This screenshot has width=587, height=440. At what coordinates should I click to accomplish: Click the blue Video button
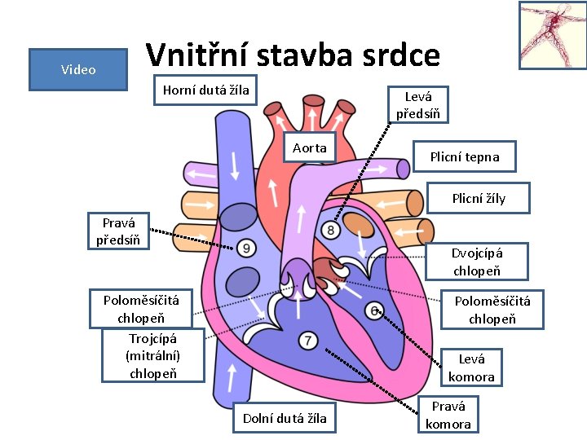point(77,69)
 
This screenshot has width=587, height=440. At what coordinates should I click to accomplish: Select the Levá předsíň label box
point(417,104)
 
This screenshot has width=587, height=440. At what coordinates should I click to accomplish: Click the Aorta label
point(310,147)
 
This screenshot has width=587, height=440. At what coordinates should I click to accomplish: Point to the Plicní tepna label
point(465,156)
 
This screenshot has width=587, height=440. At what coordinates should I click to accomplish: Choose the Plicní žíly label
point(479,198)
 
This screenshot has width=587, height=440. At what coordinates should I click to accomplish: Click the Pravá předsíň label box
point(118,231)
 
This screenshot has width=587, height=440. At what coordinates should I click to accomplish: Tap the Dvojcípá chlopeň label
point(477,262)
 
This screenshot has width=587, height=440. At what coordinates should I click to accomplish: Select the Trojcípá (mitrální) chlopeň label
point(153,355)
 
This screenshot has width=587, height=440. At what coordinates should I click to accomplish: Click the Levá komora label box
point(471,367)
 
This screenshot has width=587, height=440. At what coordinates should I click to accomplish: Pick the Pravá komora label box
point(449,415)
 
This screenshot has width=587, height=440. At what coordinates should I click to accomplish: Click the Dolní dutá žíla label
point(285,418)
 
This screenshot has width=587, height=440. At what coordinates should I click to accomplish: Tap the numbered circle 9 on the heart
point(245,248)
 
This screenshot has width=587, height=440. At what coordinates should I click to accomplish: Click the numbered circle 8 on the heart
point(331,231)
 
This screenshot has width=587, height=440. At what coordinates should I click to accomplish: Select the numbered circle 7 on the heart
point(307,341)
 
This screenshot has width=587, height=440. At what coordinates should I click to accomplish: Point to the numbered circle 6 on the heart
point(374,310)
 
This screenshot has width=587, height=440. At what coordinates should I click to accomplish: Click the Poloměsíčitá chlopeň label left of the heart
point(141,309)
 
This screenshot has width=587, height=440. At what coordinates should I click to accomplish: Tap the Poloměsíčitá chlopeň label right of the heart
point(492,310)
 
